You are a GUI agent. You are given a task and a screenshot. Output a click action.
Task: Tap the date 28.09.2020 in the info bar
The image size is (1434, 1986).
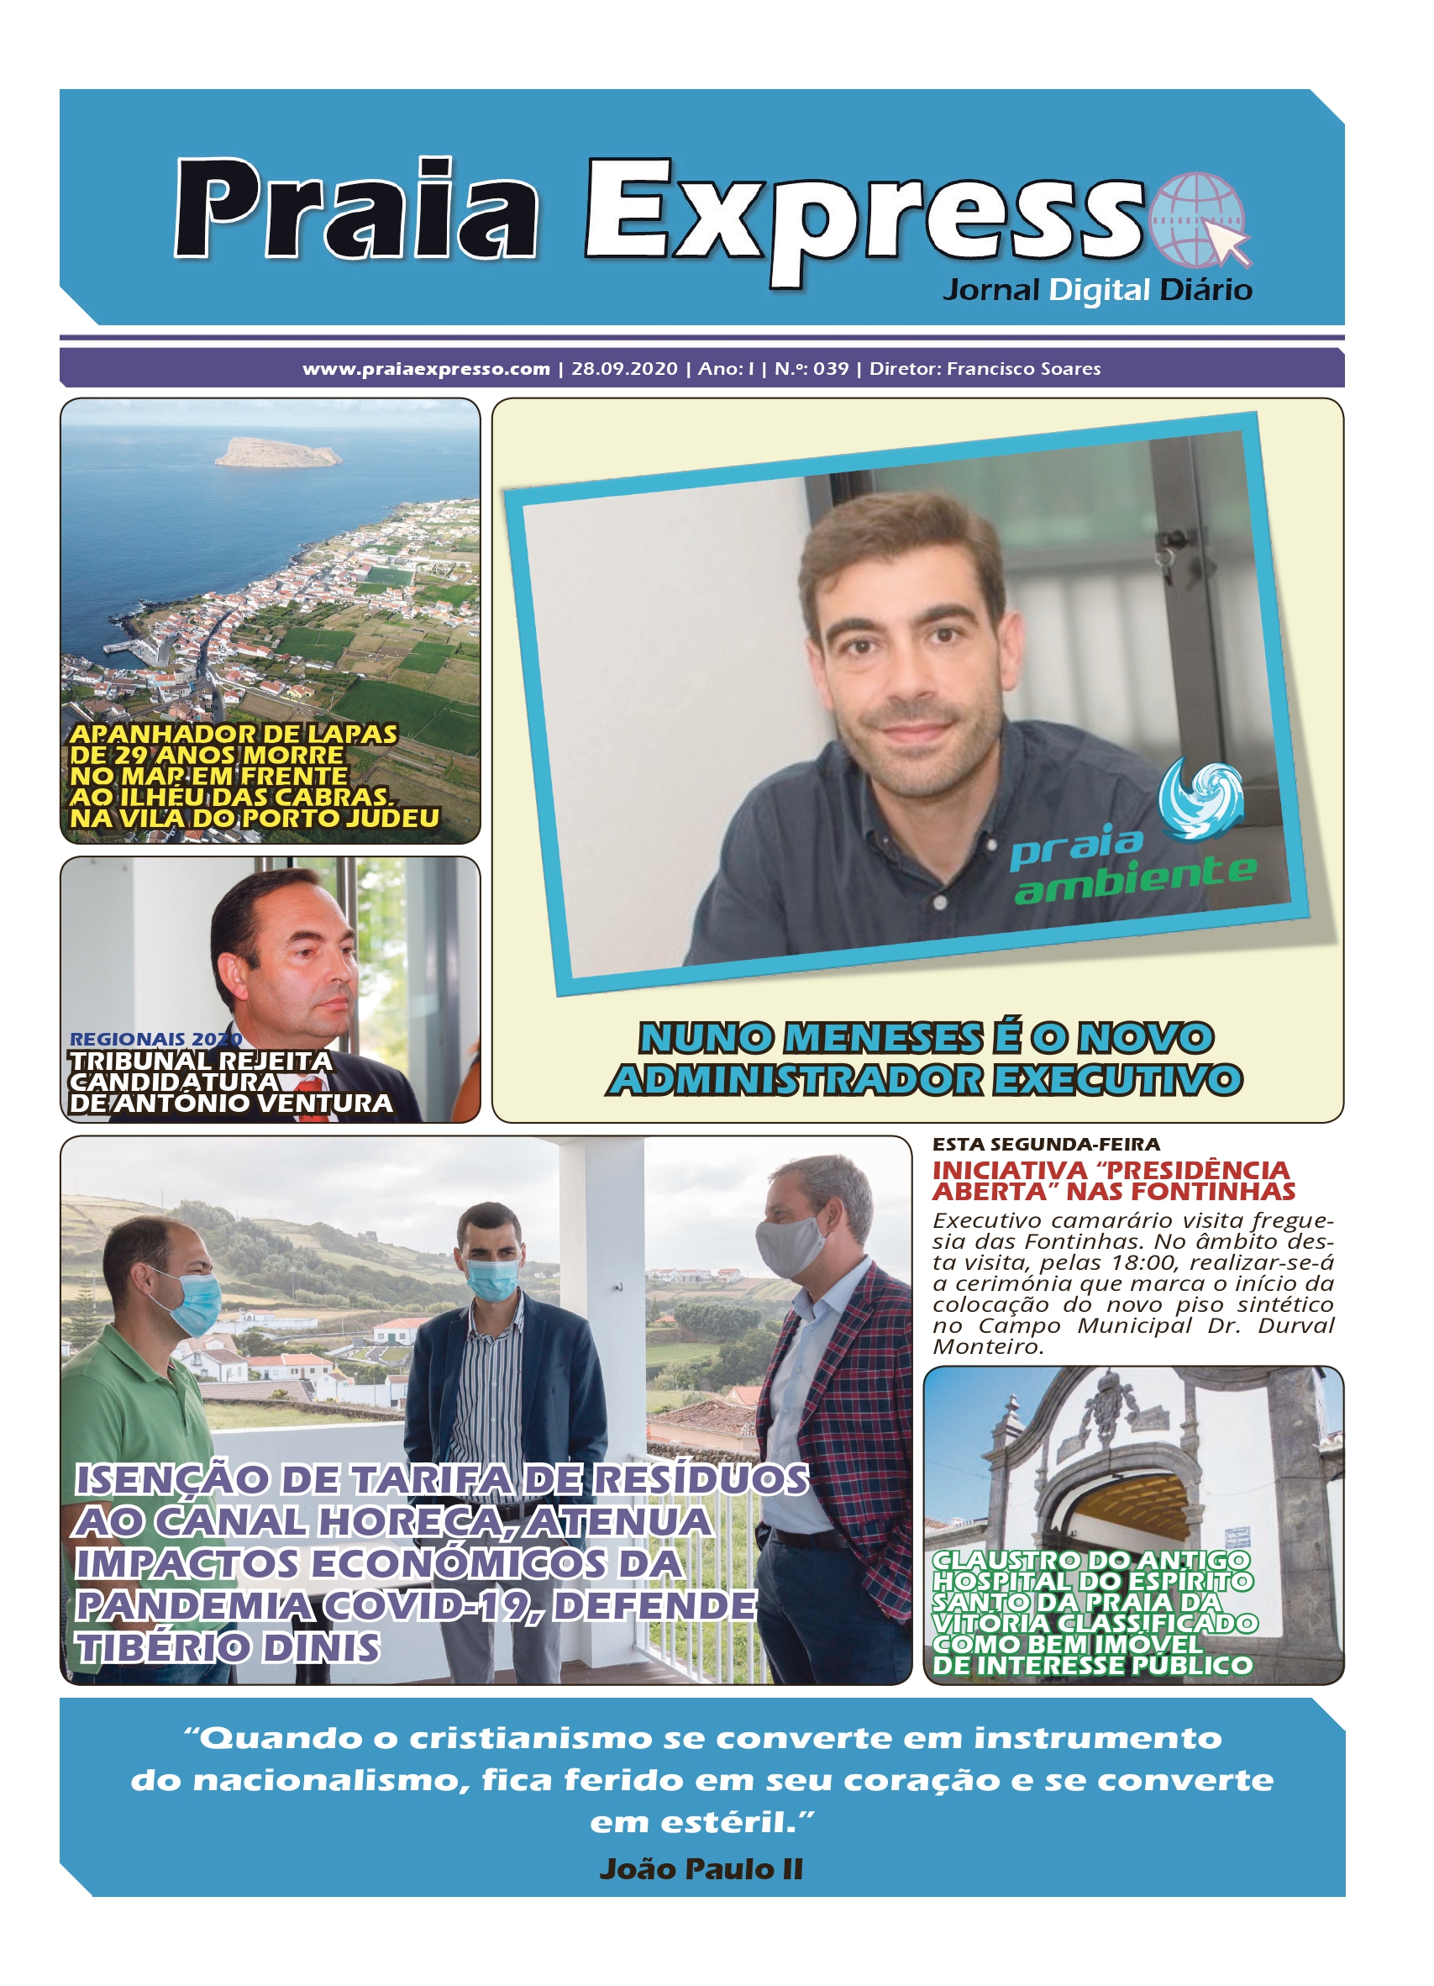(624, 369)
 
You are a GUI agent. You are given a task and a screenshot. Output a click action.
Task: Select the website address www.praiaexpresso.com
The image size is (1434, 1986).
(427, 369)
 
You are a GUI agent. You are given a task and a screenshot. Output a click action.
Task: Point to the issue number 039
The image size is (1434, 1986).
(831, 369)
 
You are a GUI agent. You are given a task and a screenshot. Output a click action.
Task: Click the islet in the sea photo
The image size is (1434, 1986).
(277, 452)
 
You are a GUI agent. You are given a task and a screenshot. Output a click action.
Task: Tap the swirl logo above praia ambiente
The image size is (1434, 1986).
(1200, 798)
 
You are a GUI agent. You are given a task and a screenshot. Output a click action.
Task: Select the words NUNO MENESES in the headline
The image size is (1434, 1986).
(811, 1039)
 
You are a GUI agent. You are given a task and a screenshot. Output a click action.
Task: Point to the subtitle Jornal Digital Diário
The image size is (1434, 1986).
(1097, 290)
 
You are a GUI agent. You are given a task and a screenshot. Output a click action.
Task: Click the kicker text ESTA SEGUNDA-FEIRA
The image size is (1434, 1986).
(1046, 1145)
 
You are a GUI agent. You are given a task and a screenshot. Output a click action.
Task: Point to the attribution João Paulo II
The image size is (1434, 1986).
(701, 1868)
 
